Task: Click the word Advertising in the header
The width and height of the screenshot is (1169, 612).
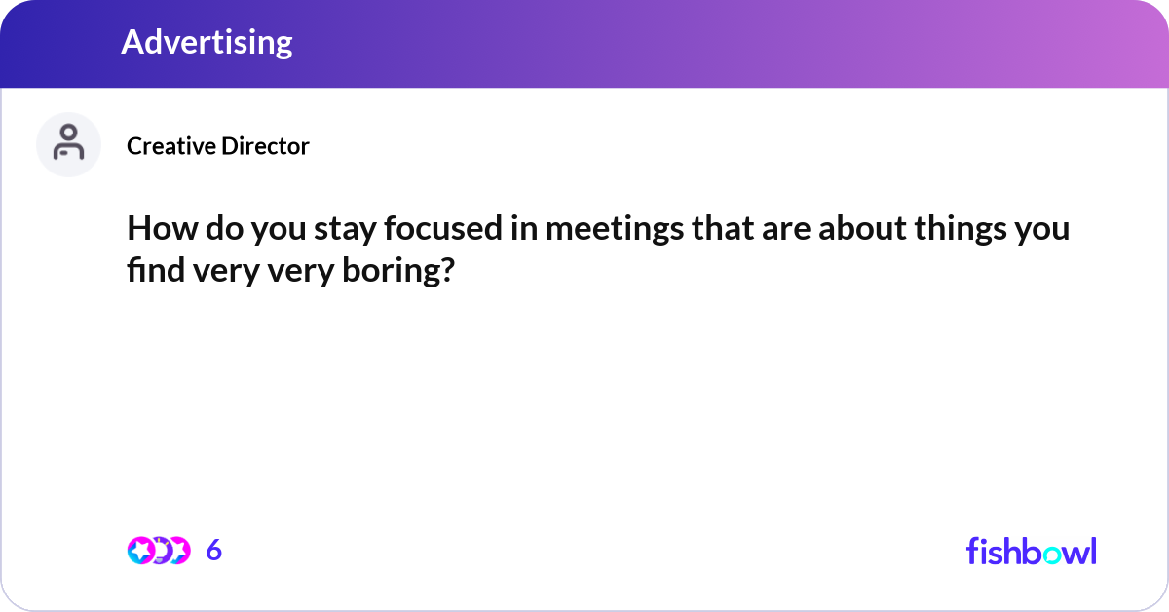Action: pos(207,42)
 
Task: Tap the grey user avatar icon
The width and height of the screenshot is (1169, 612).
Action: pos(68,144)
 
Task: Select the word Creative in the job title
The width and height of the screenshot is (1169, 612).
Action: pos(170,146)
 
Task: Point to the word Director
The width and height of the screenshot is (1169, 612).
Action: pos(264,146)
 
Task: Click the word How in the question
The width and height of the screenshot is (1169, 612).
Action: pos(154,229)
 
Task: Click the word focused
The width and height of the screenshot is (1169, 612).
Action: pos(445,229)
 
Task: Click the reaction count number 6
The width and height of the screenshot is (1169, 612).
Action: pos(214,551)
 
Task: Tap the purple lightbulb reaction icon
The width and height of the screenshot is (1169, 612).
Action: pos(159,551)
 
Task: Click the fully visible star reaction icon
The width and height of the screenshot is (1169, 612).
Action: pos(140,551)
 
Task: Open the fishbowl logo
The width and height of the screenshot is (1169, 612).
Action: pos(1031,551)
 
